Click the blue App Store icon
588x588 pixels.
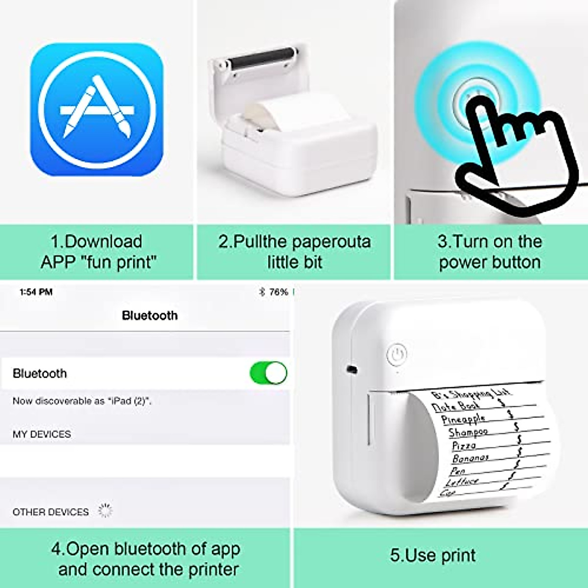[x=97, y=109]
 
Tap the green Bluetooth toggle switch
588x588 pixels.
[x=268, y=373]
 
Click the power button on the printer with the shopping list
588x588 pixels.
[x=397, y=354]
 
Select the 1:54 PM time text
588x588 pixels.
[x=36, y=292]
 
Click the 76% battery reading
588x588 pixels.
[x=278, y=292]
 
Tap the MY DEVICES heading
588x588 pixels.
[x=42, y=434]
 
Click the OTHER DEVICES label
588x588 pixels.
[x=50, y=512]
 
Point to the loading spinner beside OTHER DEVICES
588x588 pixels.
[x=105, y=510]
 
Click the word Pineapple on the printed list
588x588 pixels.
[x=463, y=419]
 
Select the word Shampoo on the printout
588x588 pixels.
[x=468, y=432]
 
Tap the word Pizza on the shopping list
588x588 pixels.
[x=464, y=445]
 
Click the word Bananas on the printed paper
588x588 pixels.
[x=470, y=458]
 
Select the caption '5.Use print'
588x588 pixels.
[x=433, y=555]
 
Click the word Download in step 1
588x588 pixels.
[x=103, y=242]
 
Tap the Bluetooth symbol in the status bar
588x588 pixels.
[x=262, y=292]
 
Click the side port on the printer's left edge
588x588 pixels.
[x=351, y=368]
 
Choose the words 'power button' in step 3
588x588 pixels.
[x=490, y=262]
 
